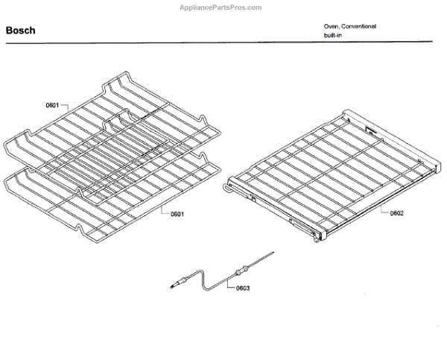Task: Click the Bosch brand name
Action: (20, 31)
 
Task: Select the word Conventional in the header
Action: (359, 26)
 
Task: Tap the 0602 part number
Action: (396, 213)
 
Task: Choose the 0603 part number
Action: (243, 288)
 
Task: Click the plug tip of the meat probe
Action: (178, 283)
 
